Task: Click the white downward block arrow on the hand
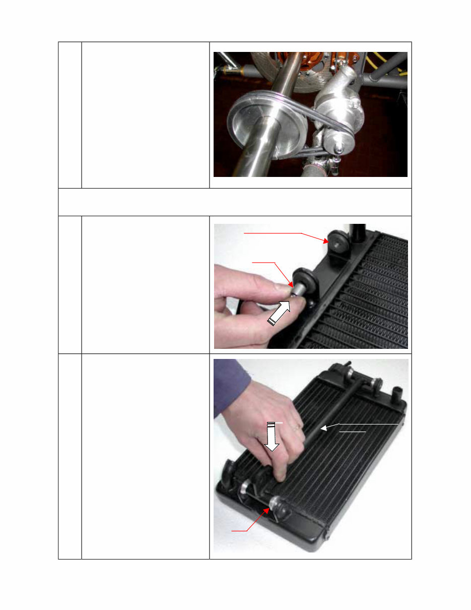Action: [x=273, y=437]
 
